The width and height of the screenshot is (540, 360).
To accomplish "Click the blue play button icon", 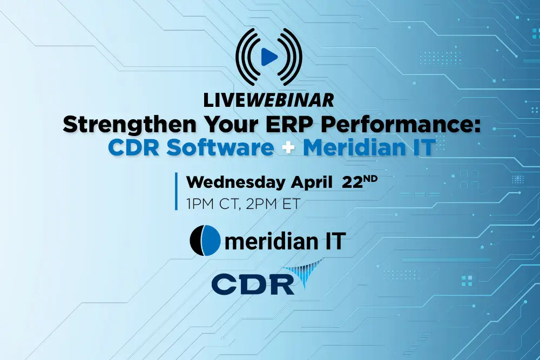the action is point(269,57).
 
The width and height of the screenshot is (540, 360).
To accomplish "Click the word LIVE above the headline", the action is point(224,100).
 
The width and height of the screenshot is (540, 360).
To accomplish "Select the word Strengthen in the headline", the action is point(130,125).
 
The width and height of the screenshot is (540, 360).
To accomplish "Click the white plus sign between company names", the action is point(288,148).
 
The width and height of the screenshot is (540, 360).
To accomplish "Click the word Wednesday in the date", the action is point(236,182).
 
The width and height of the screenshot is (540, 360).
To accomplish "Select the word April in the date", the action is point(312,183).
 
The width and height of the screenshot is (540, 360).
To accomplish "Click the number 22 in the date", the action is point(352,183).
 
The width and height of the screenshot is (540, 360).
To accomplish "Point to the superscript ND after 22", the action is point(370,179).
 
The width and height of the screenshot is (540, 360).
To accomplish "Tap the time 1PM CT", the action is point(212,203).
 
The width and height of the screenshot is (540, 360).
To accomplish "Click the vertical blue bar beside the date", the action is point(177,192).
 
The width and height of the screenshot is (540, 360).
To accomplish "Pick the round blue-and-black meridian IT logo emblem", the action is point(205,241).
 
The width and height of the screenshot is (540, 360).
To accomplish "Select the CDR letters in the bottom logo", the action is point(253,284).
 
